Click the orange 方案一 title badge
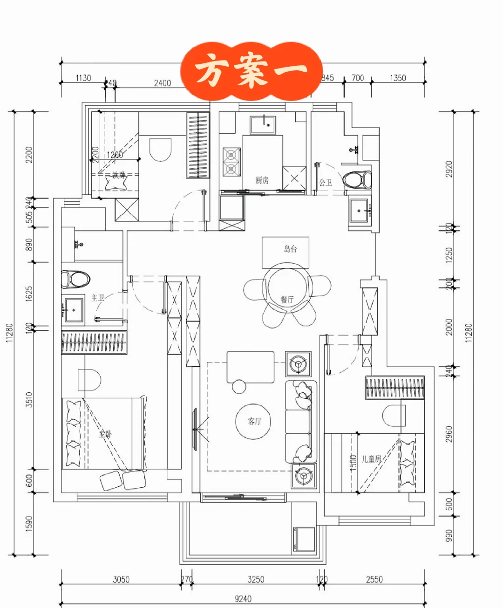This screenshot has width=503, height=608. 251,71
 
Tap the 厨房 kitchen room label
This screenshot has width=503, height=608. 262,180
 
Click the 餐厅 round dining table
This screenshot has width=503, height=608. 287,287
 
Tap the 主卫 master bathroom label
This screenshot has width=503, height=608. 98,298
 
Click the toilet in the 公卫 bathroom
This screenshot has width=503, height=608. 358,180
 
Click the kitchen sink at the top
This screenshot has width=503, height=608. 263,125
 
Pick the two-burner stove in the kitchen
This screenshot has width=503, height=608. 231,162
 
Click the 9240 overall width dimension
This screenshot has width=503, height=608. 243,599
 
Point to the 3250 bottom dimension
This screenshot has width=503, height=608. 256,579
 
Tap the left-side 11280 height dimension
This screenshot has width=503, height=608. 10,333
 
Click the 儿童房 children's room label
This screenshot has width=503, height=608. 371,459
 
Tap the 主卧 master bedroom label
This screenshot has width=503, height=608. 105,434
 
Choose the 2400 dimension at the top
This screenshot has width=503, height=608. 163,83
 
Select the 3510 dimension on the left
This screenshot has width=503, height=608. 29,399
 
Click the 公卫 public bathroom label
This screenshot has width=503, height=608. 326,182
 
